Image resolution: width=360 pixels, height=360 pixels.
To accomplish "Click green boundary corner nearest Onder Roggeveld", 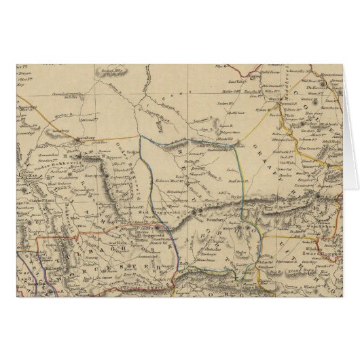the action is (141, 137).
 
